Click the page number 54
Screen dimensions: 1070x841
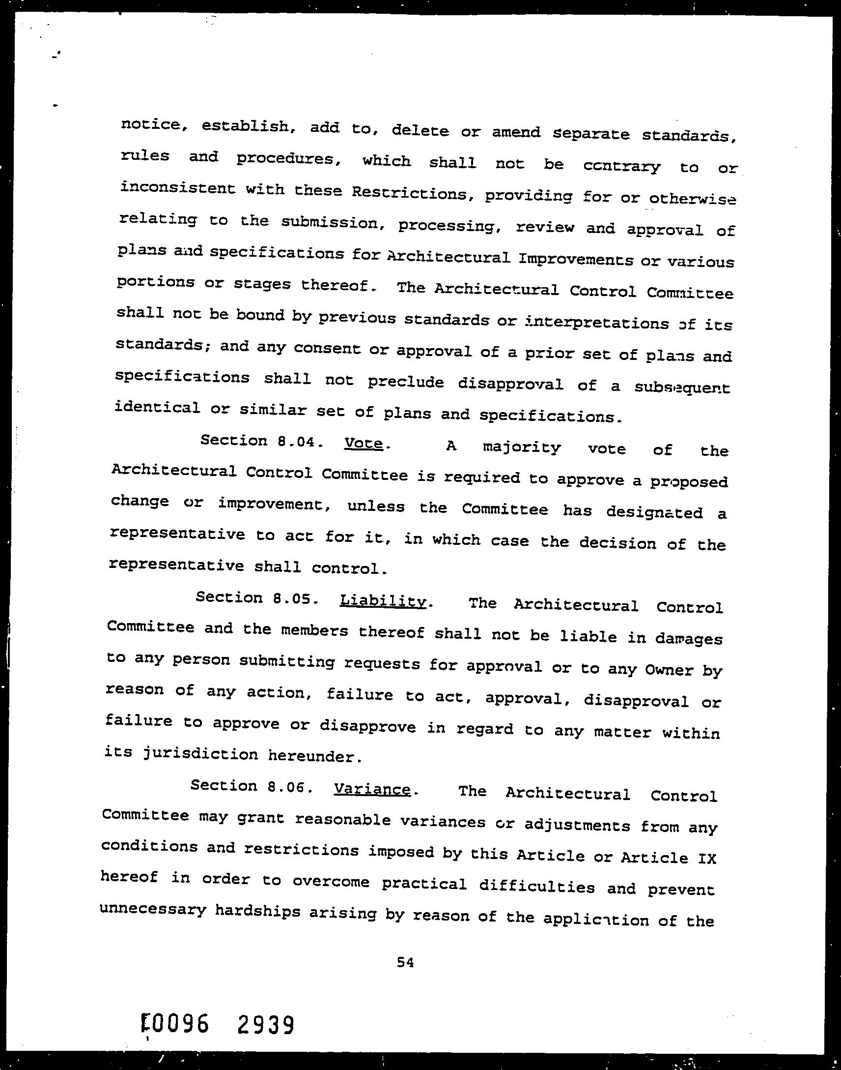click(x=405, y=962)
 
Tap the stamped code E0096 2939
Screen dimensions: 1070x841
click(x=217, y=1024)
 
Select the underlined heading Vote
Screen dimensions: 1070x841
click(x=364, y=443)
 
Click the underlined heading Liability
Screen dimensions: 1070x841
click(x=383, y=601)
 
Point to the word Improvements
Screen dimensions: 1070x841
click(x=576, y=260)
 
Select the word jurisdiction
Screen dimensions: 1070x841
click(x=200, y=754)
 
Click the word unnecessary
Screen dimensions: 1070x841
click(x=153, y=909)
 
